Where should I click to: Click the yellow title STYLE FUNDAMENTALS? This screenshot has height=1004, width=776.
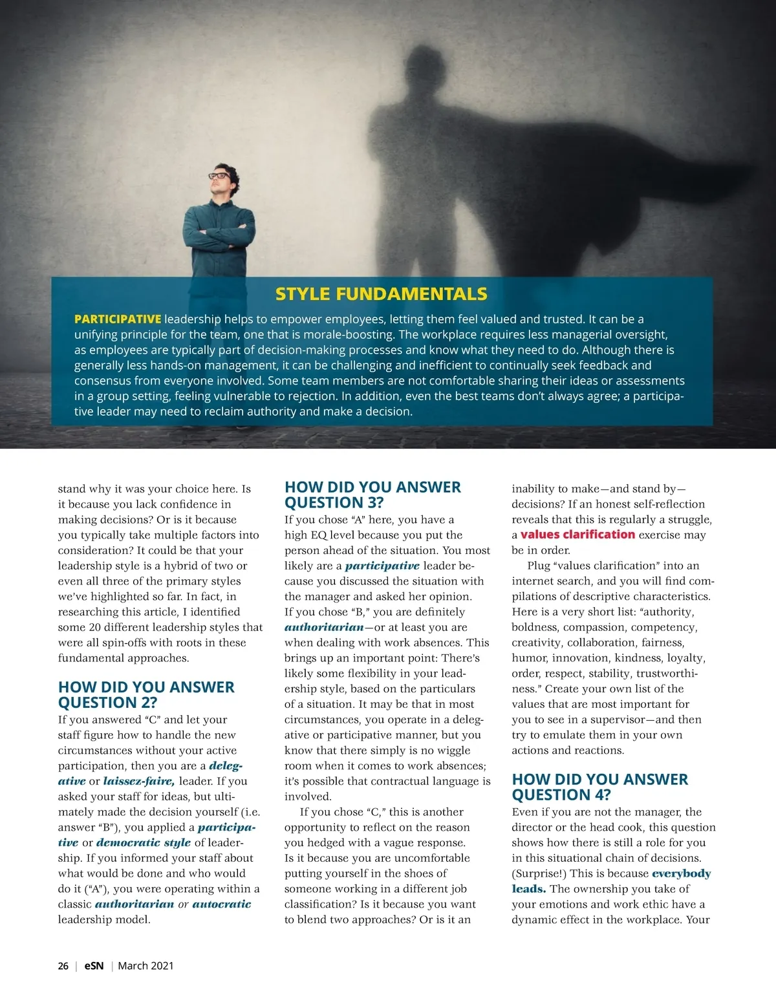click(x=381, y=294)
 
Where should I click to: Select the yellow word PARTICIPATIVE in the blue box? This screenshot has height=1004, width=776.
click(x=117, y=319)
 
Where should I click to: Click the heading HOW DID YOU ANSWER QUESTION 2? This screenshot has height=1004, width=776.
click(x=146, y=694)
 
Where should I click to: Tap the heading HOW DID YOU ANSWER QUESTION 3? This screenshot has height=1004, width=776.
click(x=372, y=495)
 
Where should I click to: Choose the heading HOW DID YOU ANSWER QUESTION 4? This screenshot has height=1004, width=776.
click(x=599, y=787)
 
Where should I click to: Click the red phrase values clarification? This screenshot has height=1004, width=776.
click(x=577, y=535)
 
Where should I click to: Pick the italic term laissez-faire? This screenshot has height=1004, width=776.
click(x=138, y=781)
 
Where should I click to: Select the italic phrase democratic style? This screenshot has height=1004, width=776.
click(x=143, y=842)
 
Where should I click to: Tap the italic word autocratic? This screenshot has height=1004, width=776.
click(x=221, y=904)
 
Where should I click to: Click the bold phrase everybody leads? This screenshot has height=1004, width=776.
click(x=681, y=874)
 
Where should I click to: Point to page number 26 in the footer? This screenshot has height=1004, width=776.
click(x=63, y=966)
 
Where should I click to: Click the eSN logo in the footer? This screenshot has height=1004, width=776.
click(x=94, y=966)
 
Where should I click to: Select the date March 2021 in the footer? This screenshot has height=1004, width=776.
click(x=145, y=966)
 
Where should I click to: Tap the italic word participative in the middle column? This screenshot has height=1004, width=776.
click(x=382, y=566)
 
